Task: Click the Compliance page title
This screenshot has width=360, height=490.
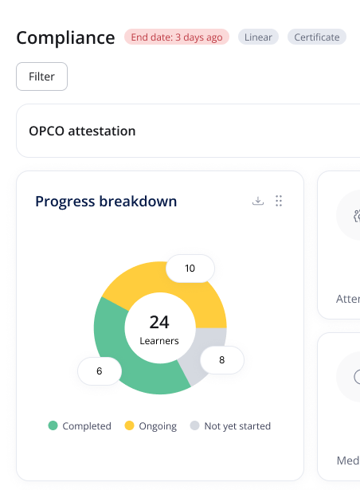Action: click(x=65, y=37)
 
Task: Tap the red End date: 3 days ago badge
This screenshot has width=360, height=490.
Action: click(x=176, y=37)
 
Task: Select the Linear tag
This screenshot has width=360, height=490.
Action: click(x=258, y=37)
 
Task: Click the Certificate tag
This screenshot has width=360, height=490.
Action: click(x=316, y=37)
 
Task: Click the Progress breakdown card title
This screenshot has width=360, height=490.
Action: click(x=106, y=202)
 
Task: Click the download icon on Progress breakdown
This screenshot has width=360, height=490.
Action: click(x=257, y=201)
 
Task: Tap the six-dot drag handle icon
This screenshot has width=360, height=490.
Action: click(x=279, y=201)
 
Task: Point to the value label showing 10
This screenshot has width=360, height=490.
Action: click(x=190, y=269)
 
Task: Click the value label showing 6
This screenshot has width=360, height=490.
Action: click(x=100, y=370)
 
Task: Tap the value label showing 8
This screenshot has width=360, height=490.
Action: click(x=221, y=360)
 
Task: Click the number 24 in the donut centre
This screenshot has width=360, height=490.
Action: click(x=159, y=322)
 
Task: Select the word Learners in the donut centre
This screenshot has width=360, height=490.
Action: click(x=159, y=340)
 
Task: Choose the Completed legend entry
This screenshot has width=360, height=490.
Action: click(x=80, y=426)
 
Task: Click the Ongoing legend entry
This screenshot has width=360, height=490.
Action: click(x=151, y=426)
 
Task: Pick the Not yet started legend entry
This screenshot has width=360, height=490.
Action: click(x=230, y=426)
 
